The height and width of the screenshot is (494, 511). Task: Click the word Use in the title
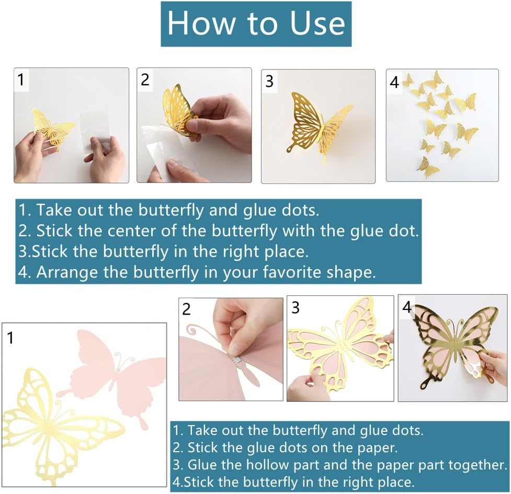[x=317, y=23]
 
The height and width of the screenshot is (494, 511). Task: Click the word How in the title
[x=201, y=23]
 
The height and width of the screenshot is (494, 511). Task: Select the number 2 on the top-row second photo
[x=145, y=80]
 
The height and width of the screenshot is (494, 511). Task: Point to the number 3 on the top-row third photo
[x=269, y=82]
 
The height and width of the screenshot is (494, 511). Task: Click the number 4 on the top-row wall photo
[x=394, y=82]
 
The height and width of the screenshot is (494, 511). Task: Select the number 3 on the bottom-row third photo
[x=296, y=308]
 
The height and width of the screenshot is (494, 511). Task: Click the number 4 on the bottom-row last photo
[x=407, y=307]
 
